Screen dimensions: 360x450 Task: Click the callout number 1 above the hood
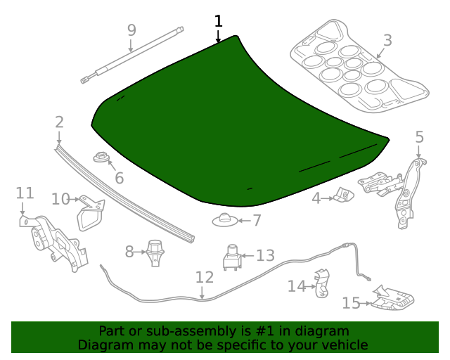218,21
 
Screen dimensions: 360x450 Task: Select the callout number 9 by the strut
131,30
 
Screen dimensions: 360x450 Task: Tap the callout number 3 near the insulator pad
387,40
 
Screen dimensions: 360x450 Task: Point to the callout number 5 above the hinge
419,137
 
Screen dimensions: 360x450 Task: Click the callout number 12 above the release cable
204,277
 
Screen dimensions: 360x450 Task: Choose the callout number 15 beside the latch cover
351,303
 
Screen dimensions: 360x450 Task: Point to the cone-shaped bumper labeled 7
224,221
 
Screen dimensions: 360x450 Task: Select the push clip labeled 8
155,251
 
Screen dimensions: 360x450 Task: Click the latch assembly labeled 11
53,241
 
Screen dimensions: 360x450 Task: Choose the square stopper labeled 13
232,257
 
